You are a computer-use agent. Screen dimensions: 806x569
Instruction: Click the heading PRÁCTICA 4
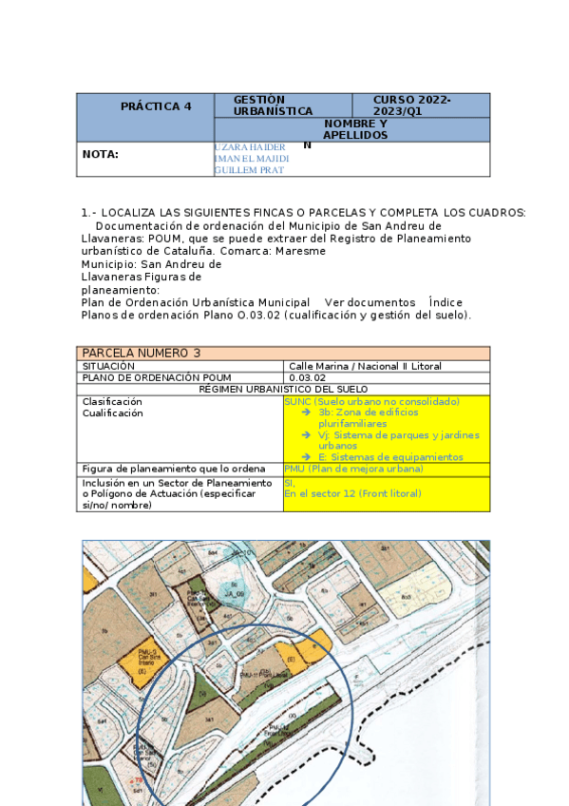coord(155,106)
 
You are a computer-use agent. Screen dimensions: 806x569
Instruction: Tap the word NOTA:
coord(101,154)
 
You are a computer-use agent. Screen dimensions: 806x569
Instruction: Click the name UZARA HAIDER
coord(251,147)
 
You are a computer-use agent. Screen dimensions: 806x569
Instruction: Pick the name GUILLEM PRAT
coord(249,170)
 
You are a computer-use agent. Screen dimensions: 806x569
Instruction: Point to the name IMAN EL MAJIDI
coord(252,159)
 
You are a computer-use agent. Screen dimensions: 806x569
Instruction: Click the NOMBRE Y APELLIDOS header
coord(354,129)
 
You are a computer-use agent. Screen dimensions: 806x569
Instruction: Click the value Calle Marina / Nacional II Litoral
coord(365,366)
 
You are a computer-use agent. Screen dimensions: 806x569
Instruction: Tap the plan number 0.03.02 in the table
coord(307,377)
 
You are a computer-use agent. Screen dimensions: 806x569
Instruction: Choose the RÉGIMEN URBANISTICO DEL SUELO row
coord(284,389)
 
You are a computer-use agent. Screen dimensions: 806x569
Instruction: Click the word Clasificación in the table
coord(112,401)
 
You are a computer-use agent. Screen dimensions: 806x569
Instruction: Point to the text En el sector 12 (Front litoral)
coord(352,494)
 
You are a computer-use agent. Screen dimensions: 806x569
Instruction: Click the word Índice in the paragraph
coord(446,302)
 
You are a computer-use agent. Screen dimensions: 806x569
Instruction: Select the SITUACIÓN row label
coord(108,366)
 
